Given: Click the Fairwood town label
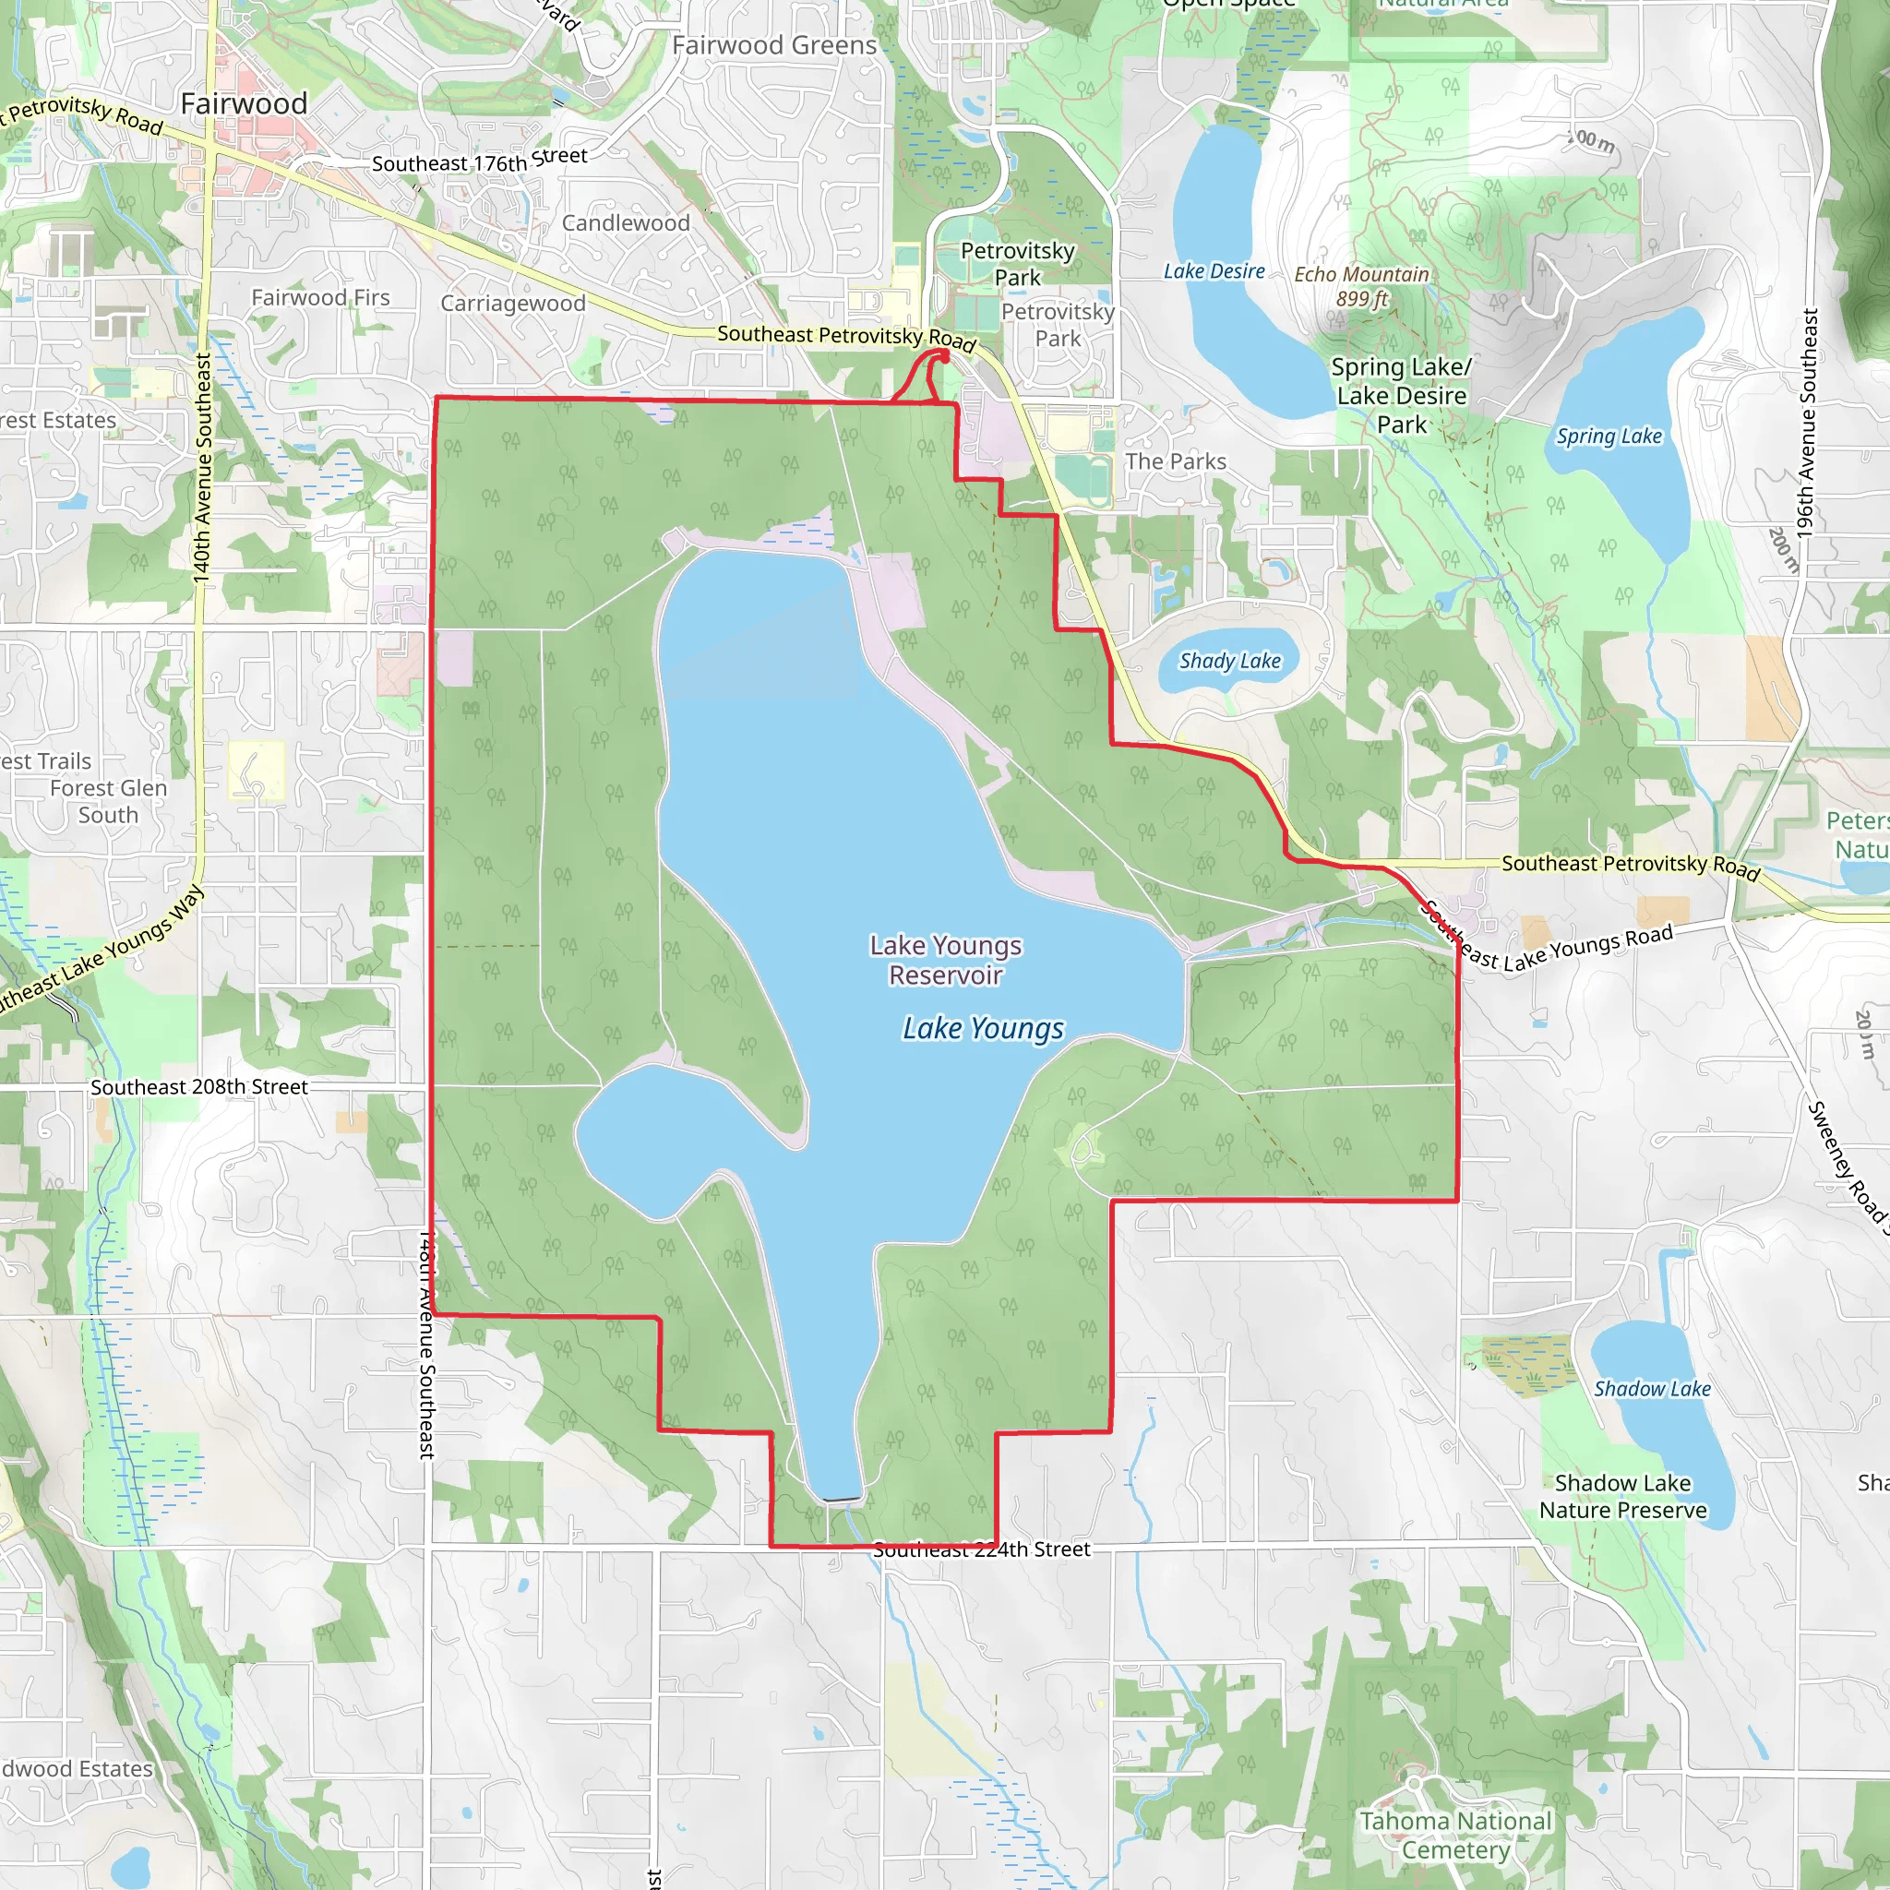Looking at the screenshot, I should tap(244, 103).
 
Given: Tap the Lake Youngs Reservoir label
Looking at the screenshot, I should tap(945, 960).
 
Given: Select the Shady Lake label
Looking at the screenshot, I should tap(1229, 662).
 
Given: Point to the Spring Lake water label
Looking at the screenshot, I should tap(1609, 437).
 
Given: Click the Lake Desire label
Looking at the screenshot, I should tap(1214, 272).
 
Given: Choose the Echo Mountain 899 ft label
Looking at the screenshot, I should tap(1362, 287).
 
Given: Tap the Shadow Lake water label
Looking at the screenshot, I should tap(1652, 1389).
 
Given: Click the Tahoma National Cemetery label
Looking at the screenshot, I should tap(1454, 1836).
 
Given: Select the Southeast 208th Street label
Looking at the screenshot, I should tap(198, 1087).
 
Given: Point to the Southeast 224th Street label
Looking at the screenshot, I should tap(981, 1549).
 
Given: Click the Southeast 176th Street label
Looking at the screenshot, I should tap(479, 161).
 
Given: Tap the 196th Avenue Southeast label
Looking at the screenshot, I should tap(1807, 422).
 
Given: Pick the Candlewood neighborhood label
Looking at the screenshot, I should tap(625, 223).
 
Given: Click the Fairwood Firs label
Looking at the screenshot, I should tap(320, 297).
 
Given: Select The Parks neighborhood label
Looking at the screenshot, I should tap(1175, 461).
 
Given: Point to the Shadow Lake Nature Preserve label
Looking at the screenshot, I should tap(1623, 1497).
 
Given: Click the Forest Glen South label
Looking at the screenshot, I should tap(109, 801).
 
